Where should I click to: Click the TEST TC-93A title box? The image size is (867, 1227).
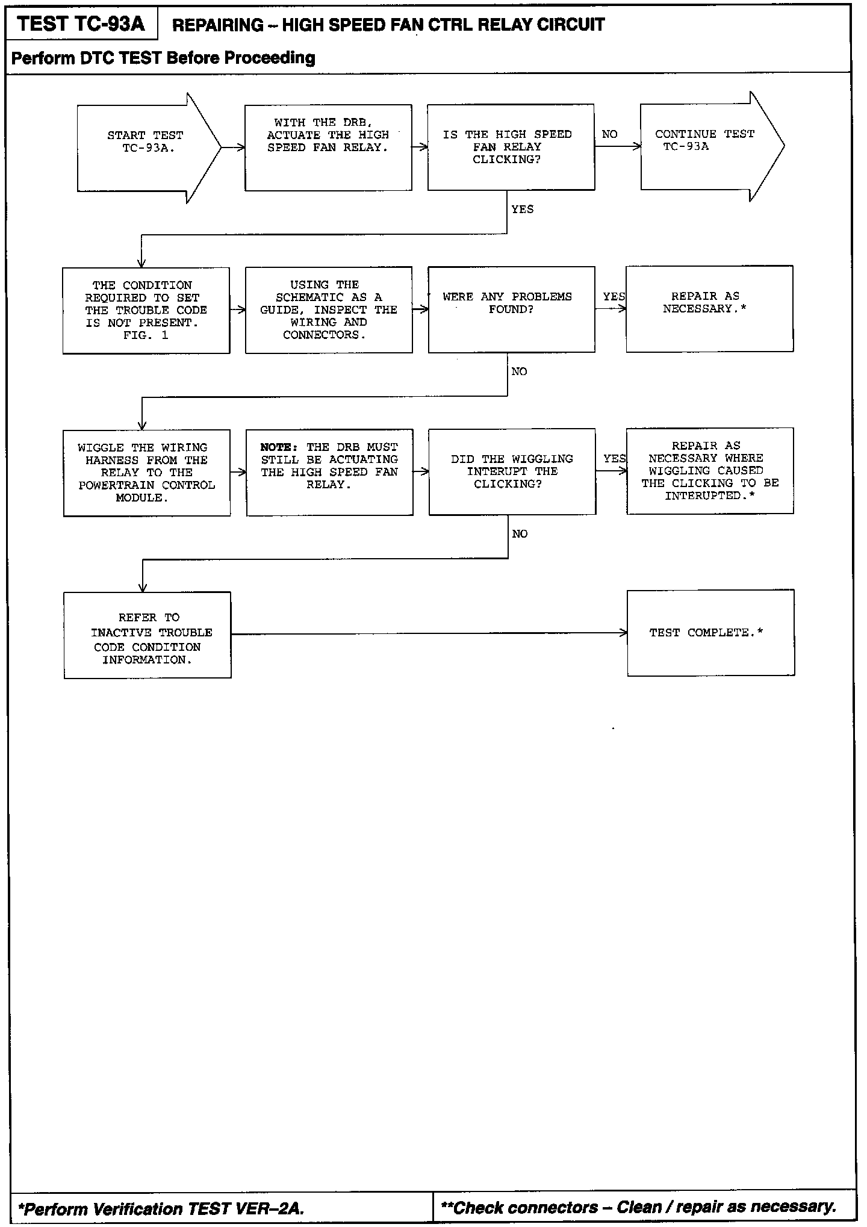tap(81, 24)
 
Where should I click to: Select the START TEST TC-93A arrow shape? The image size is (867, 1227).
tap(144, 148)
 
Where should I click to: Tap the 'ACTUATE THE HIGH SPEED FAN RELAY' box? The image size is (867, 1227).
tap(328, 148)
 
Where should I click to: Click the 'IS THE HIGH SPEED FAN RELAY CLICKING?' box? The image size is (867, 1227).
tap(511, 148)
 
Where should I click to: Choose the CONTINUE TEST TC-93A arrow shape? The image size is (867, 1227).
tap(704, 146)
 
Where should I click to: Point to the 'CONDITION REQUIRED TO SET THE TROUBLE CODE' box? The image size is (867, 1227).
tap(146, 310)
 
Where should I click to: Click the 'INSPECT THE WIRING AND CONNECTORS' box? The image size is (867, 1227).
tap(329, 310)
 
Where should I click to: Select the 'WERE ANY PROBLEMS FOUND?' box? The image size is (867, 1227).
tap(511, 309)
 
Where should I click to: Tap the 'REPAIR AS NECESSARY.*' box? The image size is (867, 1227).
tap(709, 308)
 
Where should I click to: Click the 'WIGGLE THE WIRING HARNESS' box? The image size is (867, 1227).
tap(146, 473)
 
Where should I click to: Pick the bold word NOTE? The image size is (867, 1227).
tap(279, 447)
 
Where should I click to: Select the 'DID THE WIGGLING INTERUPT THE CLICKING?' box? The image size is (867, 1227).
tap(512, 471)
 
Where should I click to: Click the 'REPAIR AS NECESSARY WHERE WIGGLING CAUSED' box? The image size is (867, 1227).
tap(710, 471)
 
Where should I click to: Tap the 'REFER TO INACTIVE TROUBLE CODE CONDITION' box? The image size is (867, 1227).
tap(148, 635)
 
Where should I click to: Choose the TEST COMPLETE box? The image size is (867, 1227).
tap(710, 633)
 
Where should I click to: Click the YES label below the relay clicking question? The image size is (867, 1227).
tap(522, 210)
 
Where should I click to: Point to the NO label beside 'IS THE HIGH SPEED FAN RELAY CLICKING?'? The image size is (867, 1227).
tap(609, 134)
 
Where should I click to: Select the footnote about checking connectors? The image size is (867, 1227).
tap(638, 1207)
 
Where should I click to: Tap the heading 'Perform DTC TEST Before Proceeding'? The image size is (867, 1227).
tap(163, 58)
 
